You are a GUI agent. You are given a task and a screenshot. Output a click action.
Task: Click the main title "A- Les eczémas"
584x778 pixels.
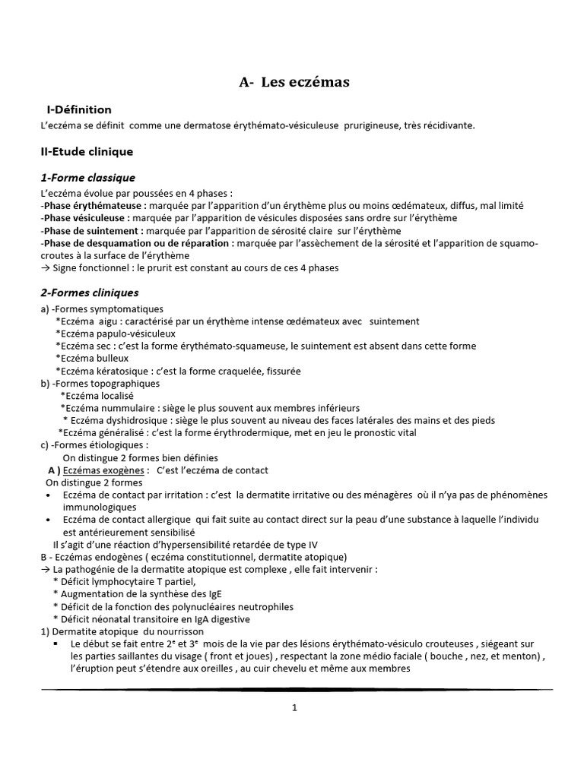[x=294, y=83]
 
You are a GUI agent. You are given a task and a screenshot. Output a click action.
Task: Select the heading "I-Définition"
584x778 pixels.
[x=79, y=110]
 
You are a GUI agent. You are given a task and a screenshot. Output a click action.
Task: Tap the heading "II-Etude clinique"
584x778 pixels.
[x=87, y=152]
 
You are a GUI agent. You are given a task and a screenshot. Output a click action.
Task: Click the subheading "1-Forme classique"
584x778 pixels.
[x=87, y=178]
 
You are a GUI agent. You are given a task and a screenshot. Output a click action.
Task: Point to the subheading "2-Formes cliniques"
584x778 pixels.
[x=89, y=293]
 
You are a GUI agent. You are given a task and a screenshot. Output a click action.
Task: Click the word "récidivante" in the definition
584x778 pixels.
[x=446, y=125]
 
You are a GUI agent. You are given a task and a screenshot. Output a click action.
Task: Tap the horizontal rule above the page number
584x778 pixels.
[x=297, y=689]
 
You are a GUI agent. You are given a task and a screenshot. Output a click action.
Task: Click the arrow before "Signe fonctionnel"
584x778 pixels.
[x=46, y=267]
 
